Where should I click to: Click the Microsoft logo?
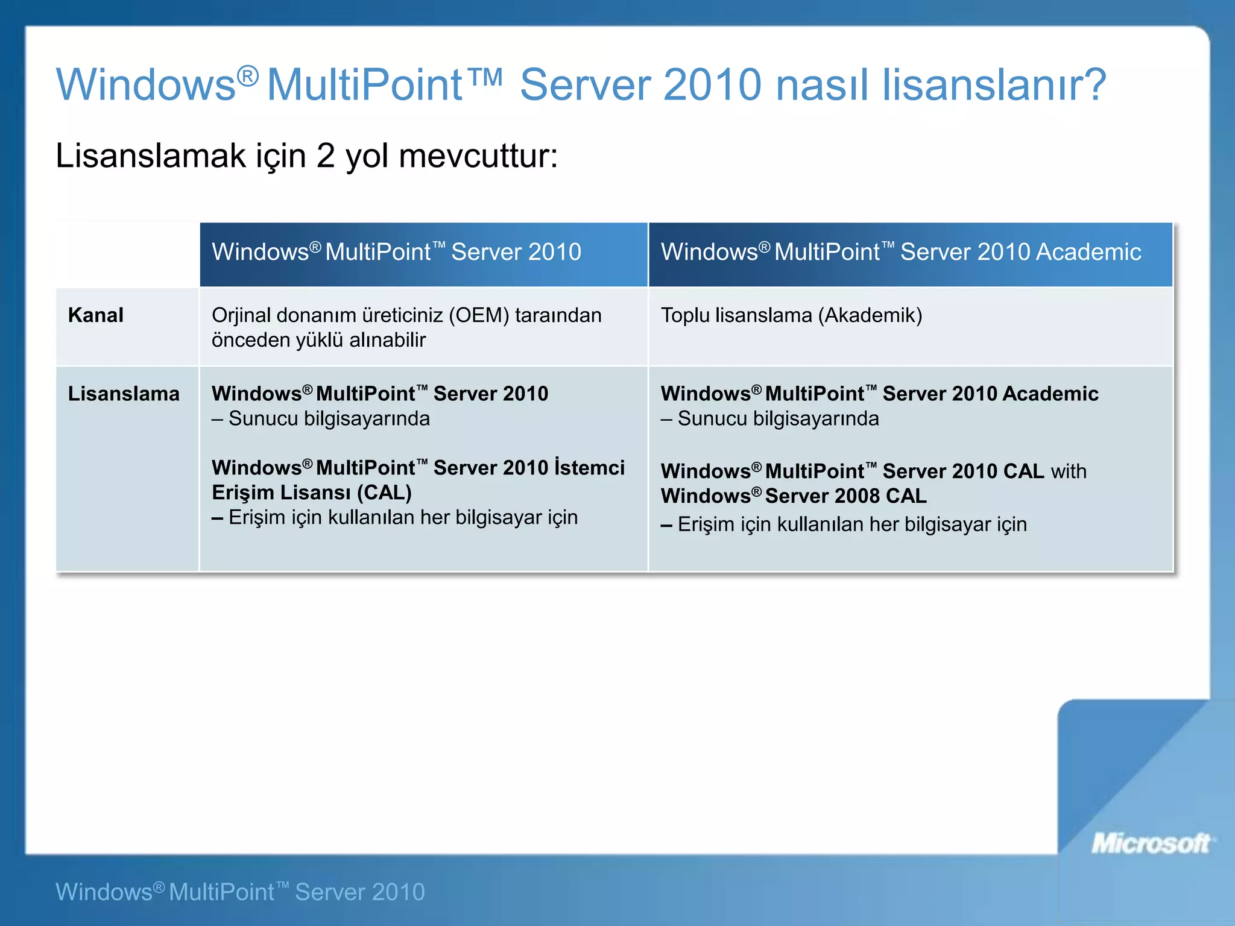click(x=1152, y=843)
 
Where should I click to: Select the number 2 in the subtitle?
click(x=326, y=156)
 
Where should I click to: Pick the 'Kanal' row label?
click(x=95, y=315)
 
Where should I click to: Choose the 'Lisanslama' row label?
click(x=124, y=394)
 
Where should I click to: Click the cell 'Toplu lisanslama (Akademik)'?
click(x=791, y=315)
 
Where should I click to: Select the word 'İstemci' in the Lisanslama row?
click(x=589, y=468)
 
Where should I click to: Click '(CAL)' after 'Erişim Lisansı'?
click(x=384, y=493)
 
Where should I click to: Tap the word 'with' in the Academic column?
click(x=1069, y=471)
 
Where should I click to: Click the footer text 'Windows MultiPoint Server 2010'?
click(x=240, y=892)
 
